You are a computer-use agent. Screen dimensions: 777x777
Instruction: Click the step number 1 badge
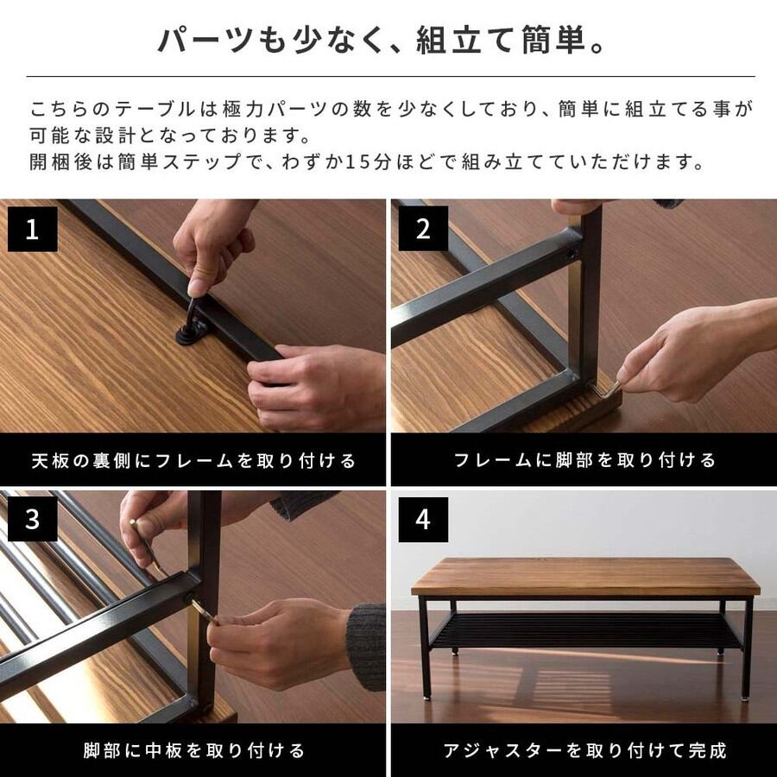(32, 229)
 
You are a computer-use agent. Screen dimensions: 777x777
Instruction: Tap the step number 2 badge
(423, 229)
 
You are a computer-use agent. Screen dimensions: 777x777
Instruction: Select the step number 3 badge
(32, 520)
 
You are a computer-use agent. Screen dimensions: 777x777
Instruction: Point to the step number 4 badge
(423, 520)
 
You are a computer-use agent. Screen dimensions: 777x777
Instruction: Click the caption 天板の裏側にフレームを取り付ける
(193, 461)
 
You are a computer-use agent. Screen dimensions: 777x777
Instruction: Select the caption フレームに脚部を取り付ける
(584, 460)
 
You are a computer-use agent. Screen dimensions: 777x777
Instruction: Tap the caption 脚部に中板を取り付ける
(193, 751)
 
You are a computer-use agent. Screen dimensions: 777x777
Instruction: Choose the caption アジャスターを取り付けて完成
(584, 751)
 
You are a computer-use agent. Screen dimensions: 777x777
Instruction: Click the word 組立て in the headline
(467, 40)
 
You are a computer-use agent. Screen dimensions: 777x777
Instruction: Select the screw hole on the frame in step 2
(572, 256)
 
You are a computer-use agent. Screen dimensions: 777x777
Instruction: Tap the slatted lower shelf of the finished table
(585, 630)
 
